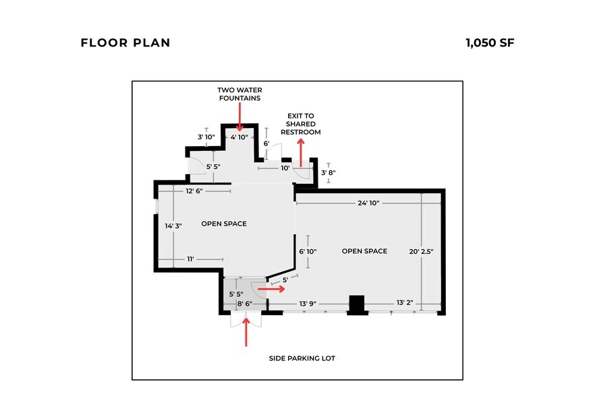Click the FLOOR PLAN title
[x=125, y=43]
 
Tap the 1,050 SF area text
[x=490, y=43]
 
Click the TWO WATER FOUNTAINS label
[x=240, y=94]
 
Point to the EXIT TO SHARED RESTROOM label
[x=301, y=124]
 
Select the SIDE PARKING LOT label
[x=302, y=358]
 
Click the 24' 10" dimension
[x=368, y=203]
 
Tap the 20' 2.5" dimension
[x=421, y=251]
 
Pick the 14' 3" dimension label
[x=173, y=226]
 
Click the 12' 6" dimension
[x=194, y=191]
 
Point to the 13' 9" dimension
[x=308, y=304]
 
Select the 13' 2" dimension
[x=405, y=302]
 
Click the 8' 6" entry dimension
[x=245, y=304]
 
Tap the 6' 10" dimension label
[x=308, y=251]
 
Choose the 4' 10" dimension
[x=239, y=137]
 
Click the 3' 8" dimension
[x=329, y=173]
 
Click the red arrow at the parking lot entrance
[x=246, y=332]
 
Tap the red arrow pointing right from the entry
[x=271, y=289]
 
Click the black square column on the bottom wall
[x=357, y=305]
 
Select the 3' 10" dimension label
[x=206, y=137]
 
